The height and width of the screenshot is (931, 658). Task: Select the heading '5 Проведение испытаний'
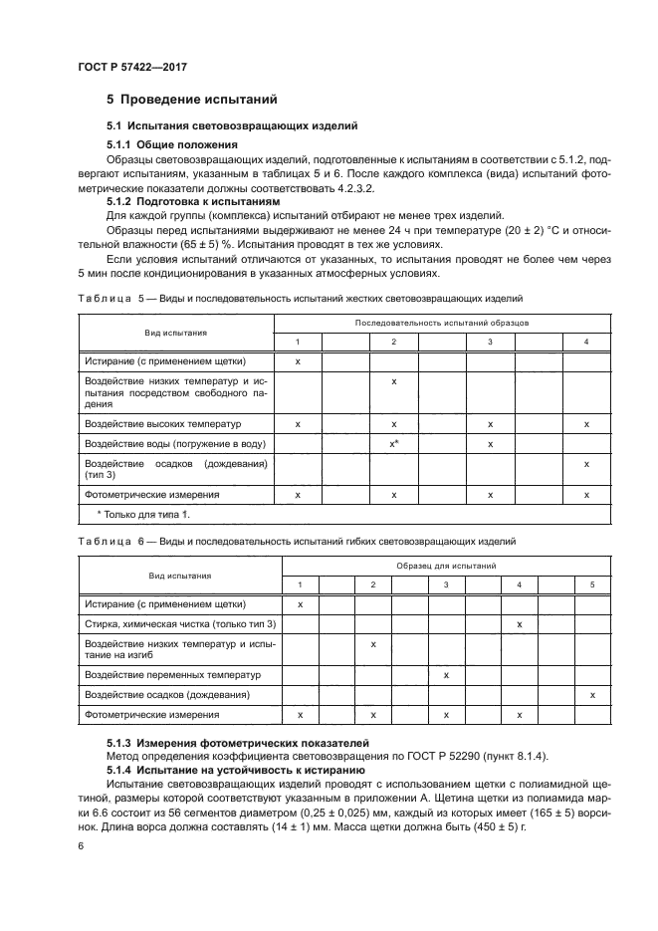click(x=191, y=100)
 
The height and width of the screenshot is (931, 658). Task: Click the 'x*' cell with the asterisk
click(x=395, y=443)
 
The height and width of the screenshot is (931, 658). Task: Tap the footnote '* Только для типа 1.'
click(x=142, y=514)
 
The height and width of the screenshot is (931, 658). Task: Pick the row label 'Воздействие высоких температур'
click(x=156, y=424)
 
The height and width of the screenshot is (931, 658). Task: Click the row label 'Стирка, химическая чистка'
click(x=180, y=624)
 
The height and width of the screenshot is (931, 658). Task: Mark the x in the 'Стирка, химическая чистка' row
click(x=520, y=624)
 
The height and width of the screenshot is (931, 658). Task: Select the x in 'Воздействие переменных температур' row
click(x=446, y=675)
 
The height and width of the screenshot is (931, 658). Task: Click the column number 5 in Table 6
click(x=592, y=583)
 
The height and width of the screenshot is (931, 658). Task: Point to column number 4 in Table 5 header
click(x=586, y=343)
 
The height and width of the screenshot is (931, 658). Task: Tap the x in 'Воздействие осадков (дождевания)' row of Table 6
click(x=592, y=694)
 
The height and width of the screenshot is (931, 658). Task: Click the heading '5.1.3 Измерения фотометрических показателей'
click(x=238, y=743)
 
